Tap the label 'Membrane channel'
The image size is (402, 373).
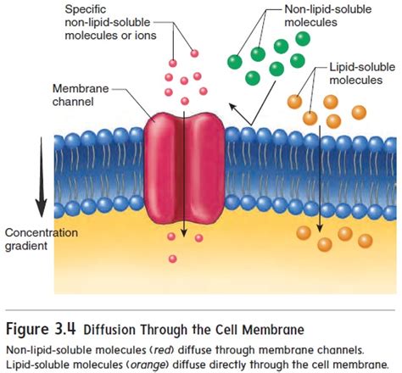(80, 95)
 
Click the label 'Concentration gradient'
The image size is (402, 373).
(42, 239)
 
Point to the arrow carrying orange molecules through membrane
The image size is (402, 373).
(320, 178)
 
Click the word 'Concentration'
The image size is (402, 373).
(42, 232)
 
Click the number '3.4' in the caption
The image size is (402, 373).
(63, 327)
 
